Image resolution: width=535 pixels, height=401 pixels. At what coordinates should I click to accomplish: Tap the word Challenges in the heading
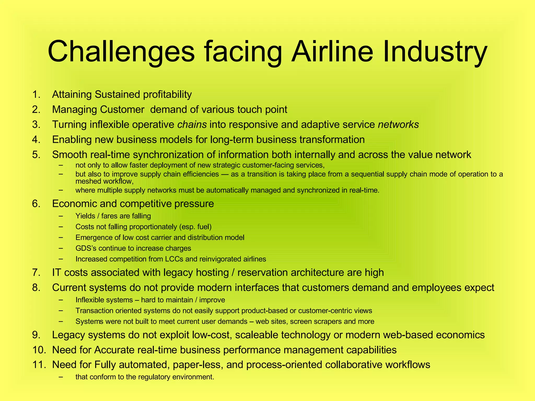pos(121,52)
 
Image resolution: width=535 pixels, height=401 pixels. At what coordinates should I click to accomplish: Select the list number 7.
pos(36,273)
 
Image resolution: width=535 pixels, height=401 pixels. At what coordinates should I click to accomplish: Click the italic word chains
pos(192,125)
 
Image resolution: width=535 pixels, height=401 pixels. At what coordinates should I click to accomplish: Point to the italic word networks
pos(398,125)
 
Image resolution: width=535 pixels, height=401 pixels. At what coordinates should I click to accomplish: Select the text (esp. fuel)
pos(195,227)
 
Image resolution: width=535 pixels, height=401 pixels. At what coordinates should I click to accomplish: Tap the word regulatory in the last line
pos(155,377)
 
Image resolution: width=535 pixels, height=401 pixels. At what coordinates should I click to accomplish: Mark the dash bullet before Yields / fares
pos(61,216)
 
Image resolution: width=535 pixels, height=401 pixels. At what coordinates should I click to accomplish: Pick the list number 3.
pos(36,125)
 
